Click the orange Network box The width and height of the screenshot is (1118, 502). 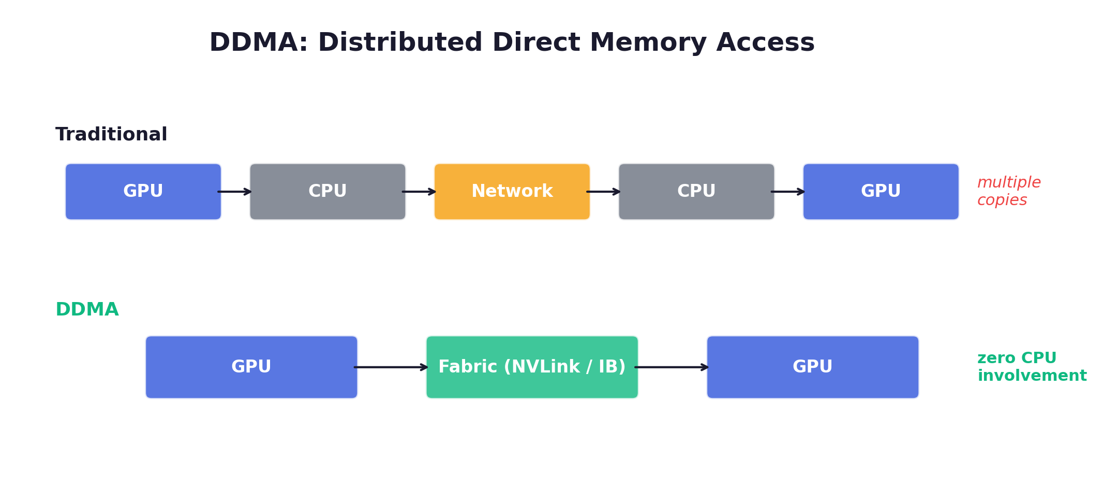point(512,192)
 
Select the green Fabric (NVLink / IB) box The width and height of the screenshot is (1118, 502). point(532,367)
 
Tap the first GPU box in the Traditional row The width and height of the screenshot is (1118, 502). point(143,192)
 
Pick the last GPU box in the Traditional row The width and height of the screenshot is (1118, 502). point(881,192)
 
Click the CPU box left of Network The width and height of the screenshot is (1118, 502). point(327,192)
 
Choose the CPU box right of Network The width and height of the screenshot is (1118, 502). point(696,192)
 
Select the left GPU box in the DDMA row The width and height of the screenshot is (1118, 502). point(251,367)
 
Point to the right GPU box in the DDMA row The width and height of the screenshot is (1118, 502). point(812,367)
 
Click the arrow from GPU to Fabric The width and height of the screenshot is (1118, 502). point(391,367)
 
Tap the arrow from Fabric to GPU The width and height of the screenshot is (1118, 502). point(672,367)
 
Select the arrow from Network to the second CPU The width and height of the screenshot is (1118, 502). point(604,192)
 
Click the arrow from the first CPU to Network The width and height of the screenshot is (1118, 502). point(420,192)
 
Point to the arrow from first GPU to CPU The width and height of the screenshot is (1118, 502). point(235,192)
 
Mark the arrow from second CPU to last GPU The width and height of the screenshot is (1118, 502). point(788,192)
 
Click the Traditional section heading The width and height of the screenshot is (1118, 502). point(111,134)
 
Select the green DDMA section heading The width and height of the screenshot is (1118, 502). point(87,309)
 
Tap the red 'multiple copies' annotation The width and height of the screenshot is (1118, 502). point(1008,191)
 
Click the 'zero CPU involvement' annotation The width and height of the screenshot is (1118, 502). point(1031,366)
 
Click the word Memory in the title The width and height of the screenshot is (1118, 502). point(648,42)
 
